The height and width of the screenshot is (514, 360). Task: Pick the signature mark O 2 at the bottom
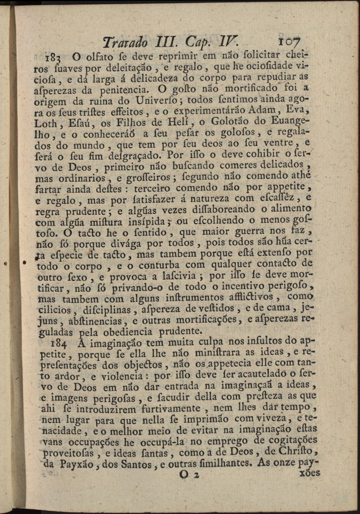190,474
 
